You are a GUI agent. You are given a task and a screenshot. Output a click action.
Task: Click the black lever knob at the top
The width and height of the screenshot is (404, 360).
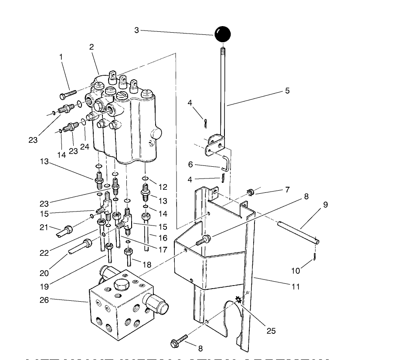coord(222,34)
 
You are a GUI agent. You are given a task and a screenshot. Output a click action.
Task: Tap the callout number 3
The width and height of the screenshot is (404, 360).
coord(137,30)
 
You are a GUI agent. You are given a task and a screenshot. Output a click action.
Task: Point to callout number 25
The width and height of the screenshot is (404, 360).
coord(271,331)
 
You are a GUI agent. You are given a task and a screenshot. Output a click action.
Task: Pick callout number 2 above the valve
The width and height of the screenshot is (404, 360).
coord(92,47)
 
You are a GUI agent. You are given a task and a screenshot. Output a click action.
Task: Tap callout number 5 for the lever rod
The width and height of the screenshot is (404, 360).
coord(287,91)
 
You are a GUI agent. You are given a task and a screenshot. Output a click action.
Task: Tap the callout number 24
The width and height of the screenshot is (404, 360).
coord(84,147)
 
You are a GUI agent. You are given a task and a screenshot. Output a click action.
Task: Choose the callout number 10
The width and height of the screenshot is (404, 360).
coord(296,271)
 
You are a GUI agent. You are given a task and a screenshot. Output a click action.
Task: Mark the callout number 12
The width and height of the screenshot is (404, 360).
coord(163,187)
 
